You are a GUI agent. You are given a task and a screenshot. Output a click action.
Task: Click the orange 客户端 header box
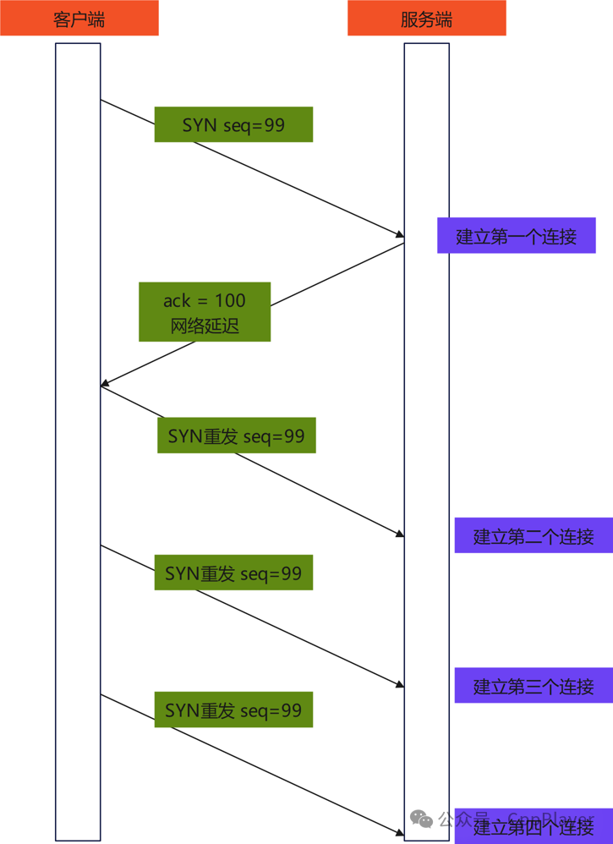pyautogui.click(x=79, y=19)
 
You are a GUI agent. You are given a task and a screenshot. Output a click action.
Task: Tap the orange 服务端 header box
pyautogui.click(x=426, y=19)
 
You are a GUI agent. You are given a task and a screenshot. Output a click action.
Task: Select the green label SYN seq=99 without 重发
pyautogui.click(x=233, y=125)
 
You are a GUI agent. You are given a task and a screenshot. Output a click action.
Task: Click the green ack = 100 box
pyautogui.click(x=205, y=312)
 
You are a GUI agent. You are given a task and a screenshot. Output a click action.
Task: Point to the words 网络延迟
pyautogui.click(x=205, y=326)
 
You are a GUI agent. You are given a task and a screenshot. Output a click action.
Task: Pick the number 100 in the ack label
pyautogui.click(x=230, y=300)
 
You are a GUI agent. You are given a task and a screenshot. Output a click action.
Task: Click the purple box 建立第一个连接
pyautogui.click(x=516, y=236)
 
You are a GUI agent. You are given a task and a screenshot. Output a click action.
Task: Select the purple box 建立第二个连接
pyautogui.click(x=533, y=535)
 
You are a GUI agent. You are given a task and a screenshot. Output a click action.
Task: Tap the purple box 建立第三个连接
pyautogui.click(x=533, y=686)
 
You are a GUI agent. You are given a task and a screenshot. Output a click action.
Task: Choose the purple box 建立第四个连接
pyautogui.click(x=533, y=825)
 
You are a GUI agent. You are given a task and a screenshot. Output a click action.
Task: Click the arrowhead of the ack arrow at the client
pyautogui.click(x=105, y=384)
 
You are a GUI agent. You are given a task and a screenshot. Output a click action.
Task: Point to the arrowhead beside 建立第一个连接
pyautogui.click(x=399, y=233)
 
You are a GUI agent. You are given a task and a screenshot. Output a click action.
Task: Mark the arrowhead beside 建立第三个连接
pyautogui.click(x=399, y=685)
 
